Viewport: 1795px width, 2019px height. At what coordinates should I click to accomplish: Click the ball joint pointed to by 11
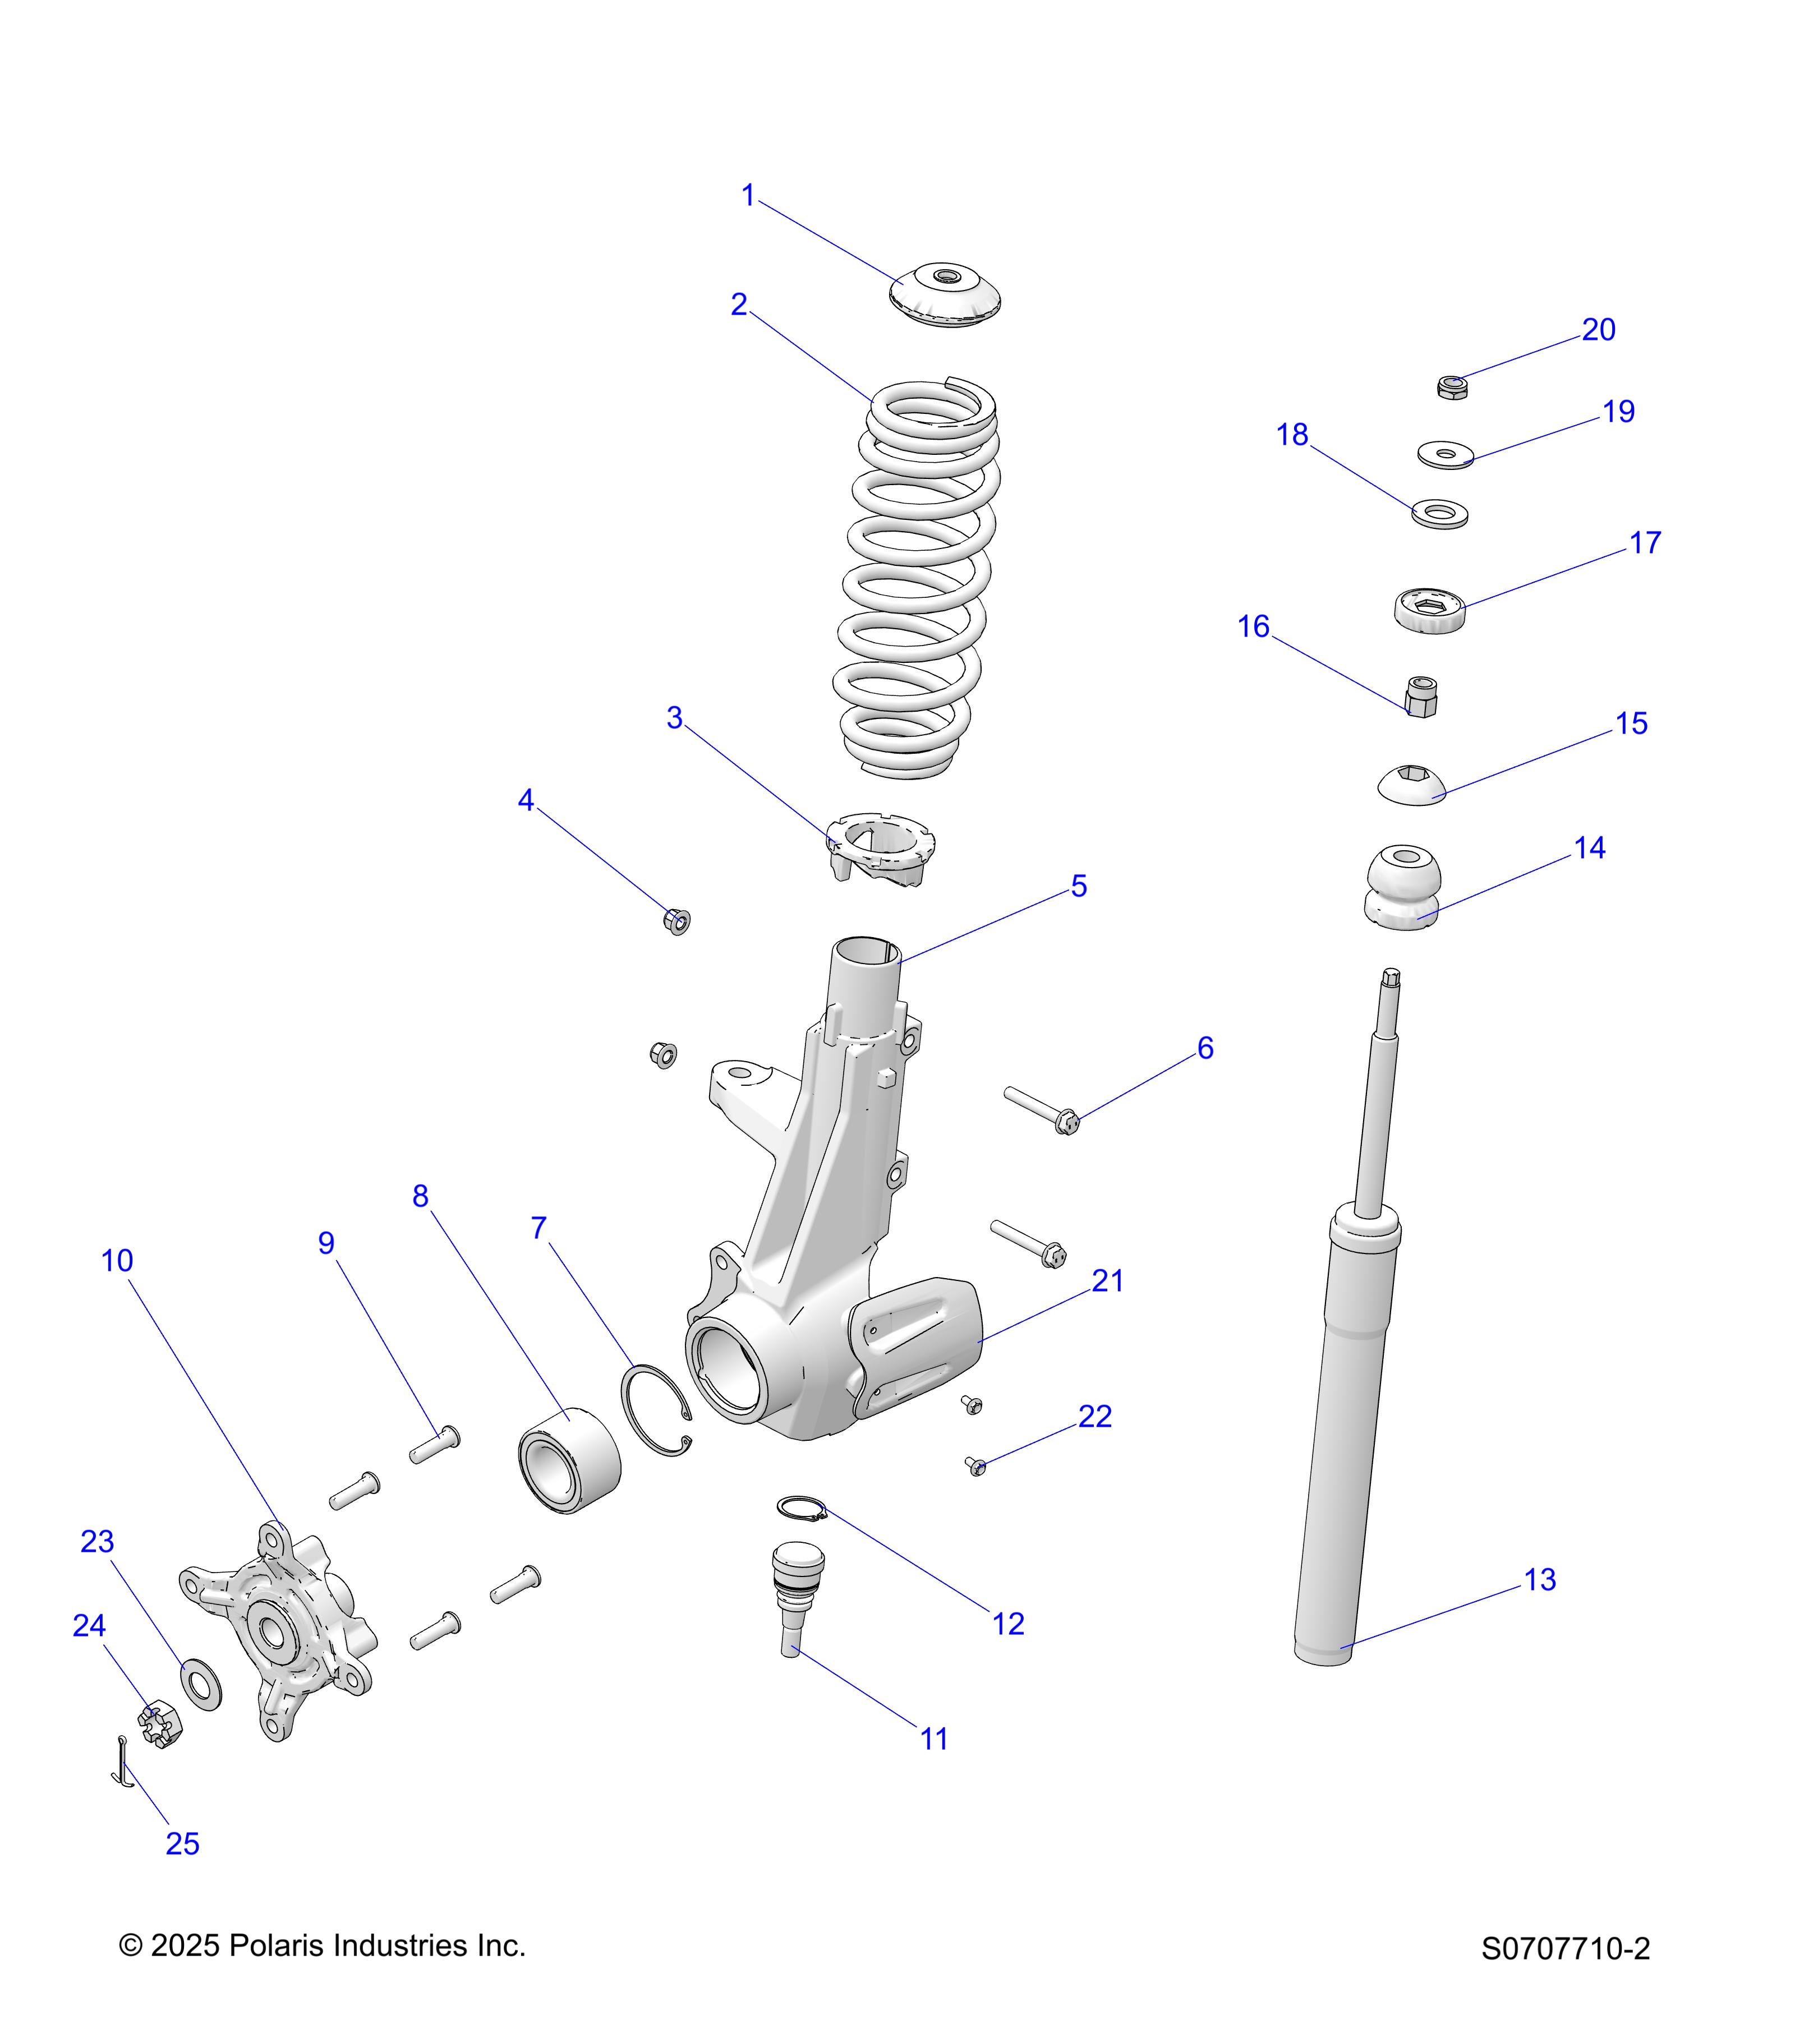click(795, 1591)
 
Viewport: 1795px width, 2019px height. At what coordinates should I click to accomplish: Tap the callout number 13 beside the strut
click(1539, 1579)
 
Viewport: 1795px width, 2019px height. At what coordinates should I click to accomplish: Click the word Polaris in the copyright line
click(279, 1945)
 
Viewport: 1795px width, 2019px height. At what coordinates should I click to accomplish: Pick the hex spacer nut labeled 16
click(1421, 697)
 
